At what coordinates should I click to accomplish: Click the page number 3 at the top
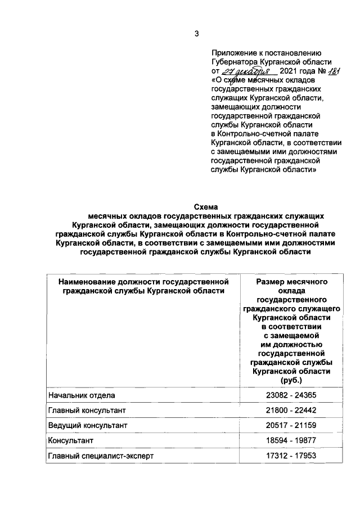[x=197, y=34]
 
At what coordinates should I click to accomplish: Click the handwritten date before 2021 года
[x=247, y=71]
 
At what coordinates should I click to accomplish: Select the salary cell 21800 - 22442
[x=291, y=411]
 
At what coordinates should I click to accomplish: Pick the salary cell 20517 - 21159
[x=291, y=426]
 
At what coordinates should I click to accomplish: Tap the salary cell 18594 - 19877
[x=291, y=440]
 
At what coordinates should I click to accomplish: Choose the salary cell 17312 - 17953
[x=291, y=455]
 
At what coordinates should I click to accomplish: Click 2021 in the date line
[x=288, y=71]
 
